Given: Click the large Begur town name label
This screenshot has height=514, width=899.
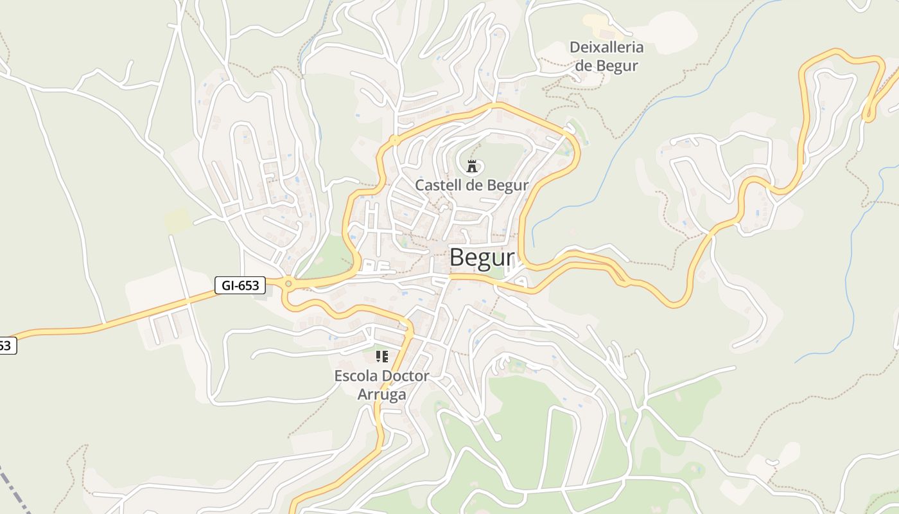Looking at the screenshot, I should point(482,258).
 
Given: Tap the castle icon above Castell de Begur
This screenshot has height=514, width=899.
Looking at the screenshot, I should point(472,166).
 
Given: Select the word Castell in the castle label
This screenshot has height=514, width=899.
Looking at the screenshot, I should point(437,185).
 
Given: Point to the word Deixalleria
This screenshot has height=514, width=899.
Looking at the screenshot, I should point(606,47).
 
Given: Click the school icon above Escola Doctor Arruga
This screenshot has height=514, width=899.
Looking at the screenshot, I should point(382,356).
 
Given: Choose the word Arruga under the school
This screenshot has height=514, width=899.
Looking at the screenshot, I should point(381,394).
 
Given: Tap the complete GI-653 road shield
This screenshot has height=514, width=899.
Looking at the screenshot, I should point(240,285).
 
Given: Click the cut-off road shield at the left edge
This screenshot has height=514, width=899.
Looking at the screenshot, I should point(6,346).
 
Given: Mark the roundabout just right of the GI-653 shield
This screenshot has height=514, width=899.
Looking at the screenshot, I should point(288,283).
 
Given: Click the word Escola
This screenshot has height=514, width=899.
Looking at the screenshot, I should point(356,376).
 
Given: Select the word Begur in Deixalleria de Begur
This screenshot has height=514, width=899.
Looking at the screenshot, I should point(616,66).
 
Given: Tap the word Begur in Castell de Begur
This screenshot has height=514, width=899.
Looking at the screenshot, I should point(507,185).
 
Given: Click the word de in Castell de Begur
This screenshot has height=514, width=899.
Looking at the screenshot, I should point(474,185).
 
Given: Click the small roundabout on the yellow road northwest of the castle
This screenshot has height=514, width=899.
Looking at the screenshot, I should point(394,139).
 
